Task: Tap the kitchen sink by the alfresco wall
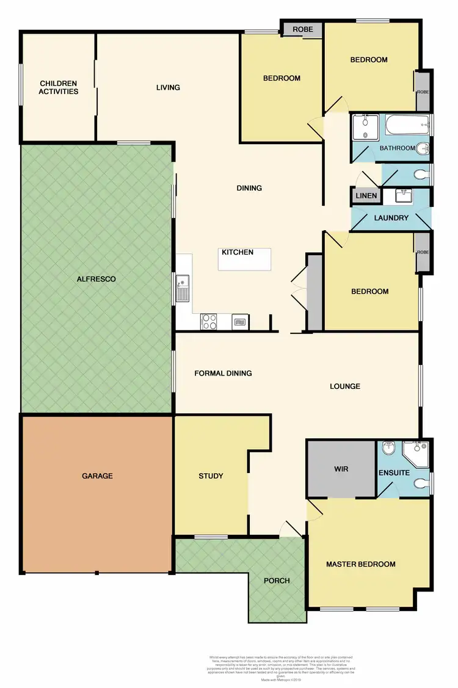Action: (x=183, y=288)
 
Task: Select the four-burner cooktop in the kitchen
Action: (x=209, y=320)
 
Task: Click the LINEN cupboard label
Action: (x=366, y=196)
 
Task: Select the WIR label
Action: (x=341, y=470)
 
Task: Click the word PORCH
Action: (x=277, y=580)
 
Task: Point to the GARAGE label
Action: (x=97, y=476)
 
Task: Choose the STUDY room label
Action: (x=211, y=476)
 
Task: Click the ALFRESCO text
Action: (x=96, y=279)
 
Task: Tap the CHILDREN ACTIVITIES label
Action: (x=59, y=87)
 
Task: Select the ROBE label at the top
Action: (x=303, y=29)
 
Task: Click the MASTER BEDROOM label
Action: (x=360, y=564)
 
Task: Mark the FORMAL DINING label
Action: (x=223, y=373)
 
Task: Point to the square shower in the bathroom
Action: (x=365, y=128)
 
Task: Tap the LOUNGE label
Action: (x=345, y=386)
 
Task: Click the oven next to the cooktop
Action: (x=240, y=321)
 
